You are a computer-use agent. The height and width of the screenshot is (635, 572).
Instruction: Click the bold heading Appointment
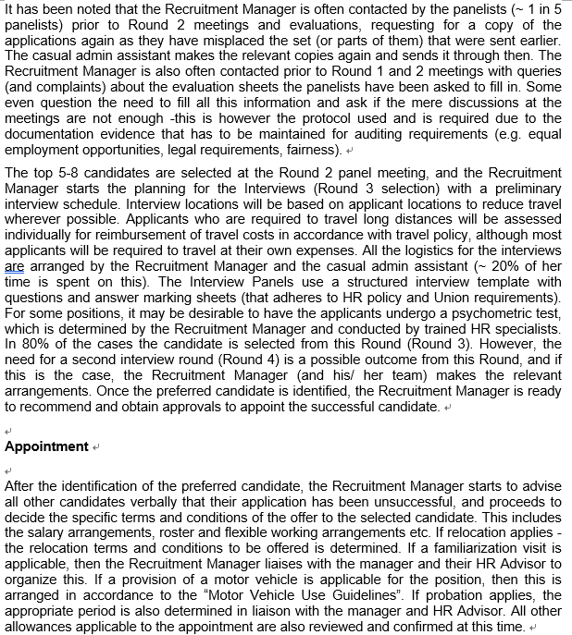pyautogui.click(x=46, y=446)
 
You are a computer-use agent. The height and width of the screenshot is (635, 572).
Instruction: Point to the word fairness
pyautogui.click(x=312, y=149)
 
